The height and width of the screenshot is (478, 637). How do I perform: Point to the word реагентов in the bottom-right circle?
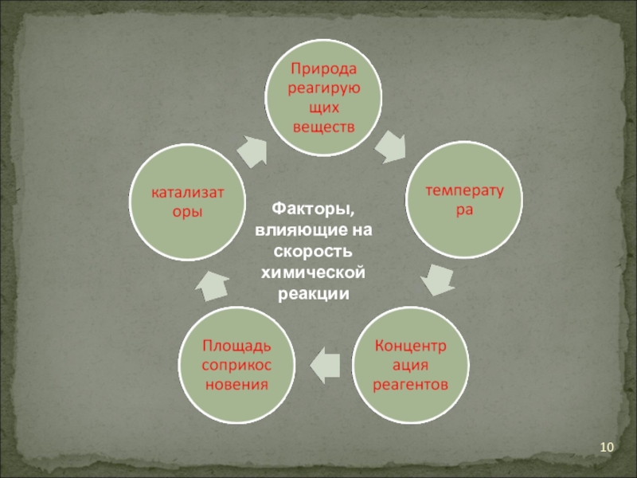(x=411, y=384)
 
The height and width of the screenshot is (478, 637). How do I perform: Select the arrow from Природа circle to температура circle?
(x=389, y=145)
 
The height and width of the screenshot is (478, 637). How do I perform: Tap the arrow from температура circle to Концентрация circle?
(x=436, y=279)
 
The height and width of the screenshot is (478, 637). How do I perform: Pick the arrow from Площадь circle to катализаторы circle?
(x=213, y=285)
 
